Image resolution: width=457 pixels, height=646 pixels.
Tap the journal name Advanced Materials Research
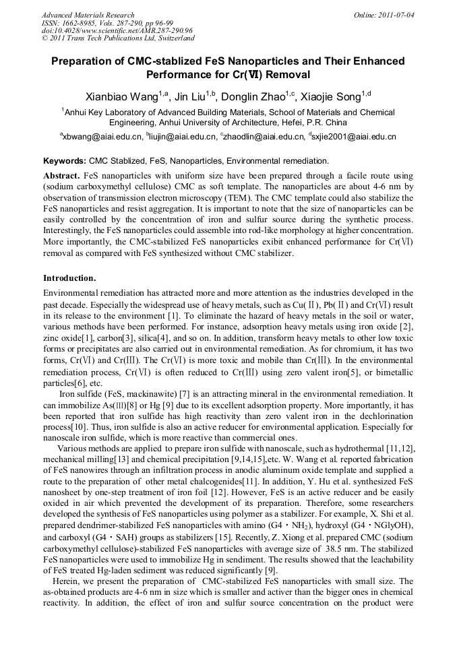88,14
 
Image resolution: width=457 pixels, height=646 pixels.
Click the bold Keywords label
65,161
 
